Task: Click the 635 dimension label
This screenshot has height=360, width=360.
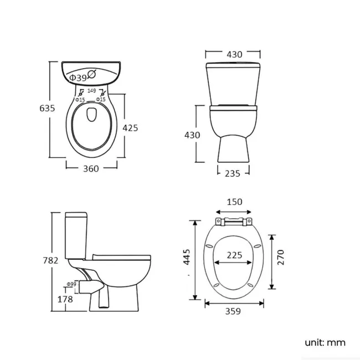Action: point(47,109)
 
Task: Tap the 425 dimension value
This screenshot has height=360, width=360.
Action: point(130,128)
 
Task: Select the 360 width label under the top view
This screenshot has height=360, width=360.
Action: point(91,168)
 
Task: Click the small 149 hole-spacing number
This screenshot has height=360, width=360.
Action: point(91,91)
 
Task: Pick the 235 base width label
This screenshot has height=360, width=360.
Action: point(233,173)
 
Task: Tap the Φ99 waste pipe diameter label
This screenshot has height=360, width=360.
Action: point(71,284)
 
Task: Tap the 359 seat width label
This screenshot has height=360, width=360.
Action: point(233,311)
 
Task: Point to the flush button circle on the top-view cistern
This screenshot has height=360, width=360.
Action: point(92,73)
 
